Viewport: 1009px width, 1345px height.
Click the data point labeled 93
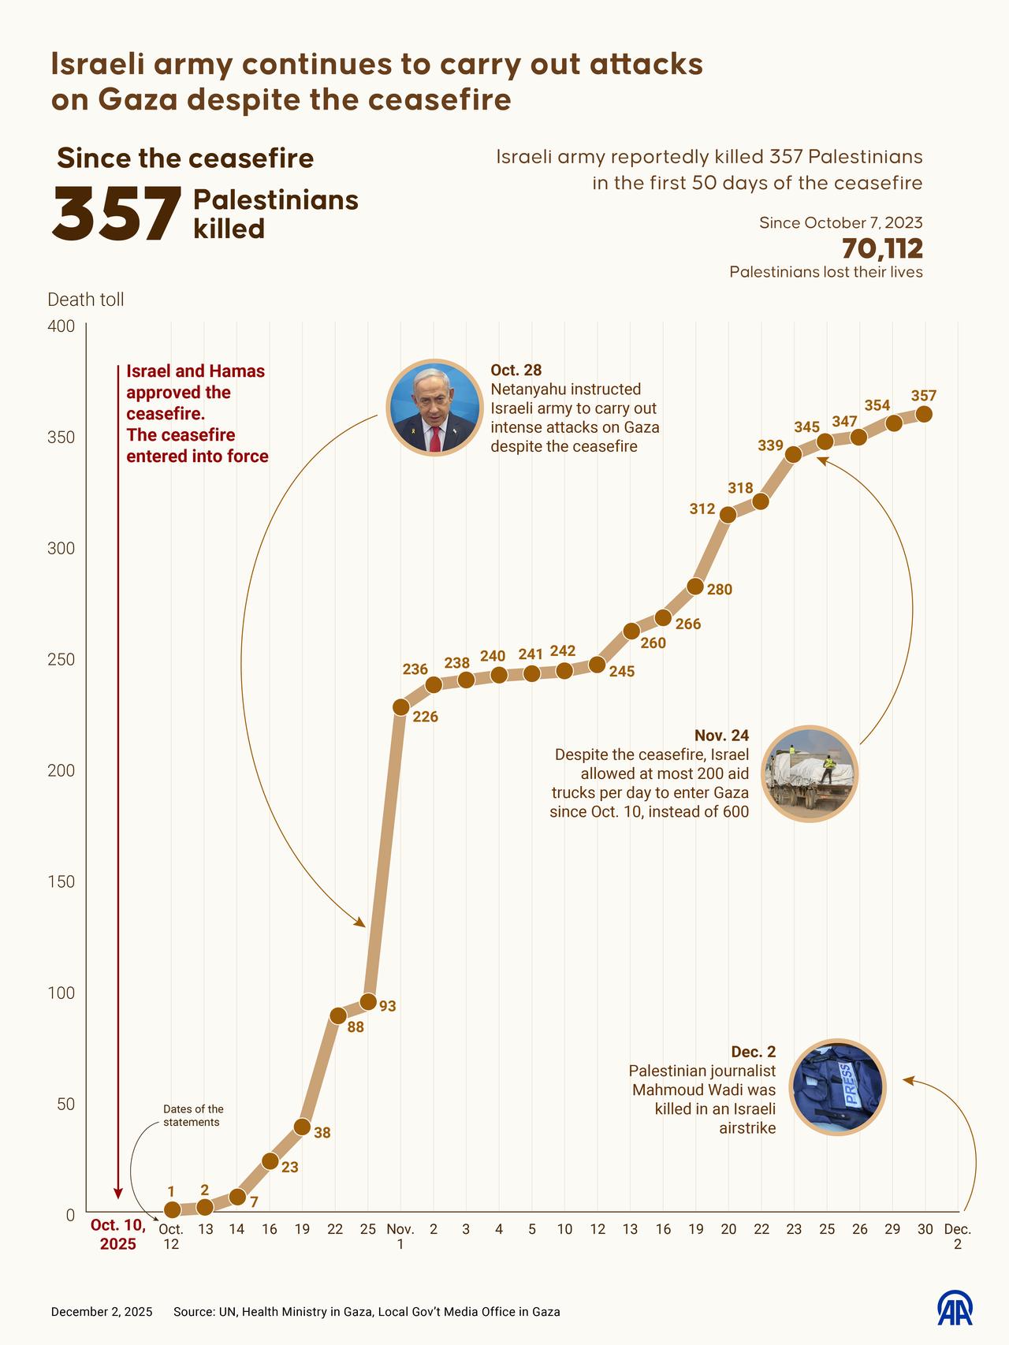pyautogui.click(x=368, y=1002)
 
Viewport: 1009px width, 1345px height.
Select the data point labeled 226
pyautogui.click(x=400, y=706)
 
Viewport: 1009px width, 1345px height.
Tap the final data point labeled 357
pyautogui.click(x=924, y=414)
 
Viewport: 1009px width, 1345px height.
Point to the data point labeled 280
pyautogui.click(x=695, y=586)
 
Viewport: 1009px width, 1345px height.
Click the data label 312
pyautogui.click(x=702, y=509)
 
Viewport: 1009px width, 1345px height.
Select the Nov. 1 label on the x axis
pyautogui.click(x=400, y=1236)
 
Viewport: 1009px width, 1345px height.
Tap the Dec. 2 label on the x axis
pyautogui.click(x=957, y=1236)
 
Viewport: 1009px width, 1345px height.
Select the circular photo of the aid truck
pyautogui.click(x=810, y=773)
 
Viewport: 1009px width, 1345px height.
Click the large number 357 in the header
pyautogui.click(x=117, y=214)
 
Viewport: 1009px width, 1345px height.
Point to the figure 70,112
pyautogui.click(x=881, y=248)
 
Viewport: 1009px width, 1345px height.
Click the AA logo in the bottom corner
pyautogui.click(x=954, y=1310)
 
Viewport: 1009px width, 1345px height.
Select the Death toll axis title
pyautogui.click(x=86, y=300)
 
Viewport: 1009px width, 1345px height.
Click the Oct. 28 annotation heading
pyautogui.click(x=516, y=370)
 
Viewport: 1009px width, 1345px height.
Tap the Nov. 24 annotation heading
pyautogui.click(x=721, y=735)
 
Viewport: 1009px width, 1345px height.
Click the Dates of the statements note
pyautogui.click(x=193, y=1116)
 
